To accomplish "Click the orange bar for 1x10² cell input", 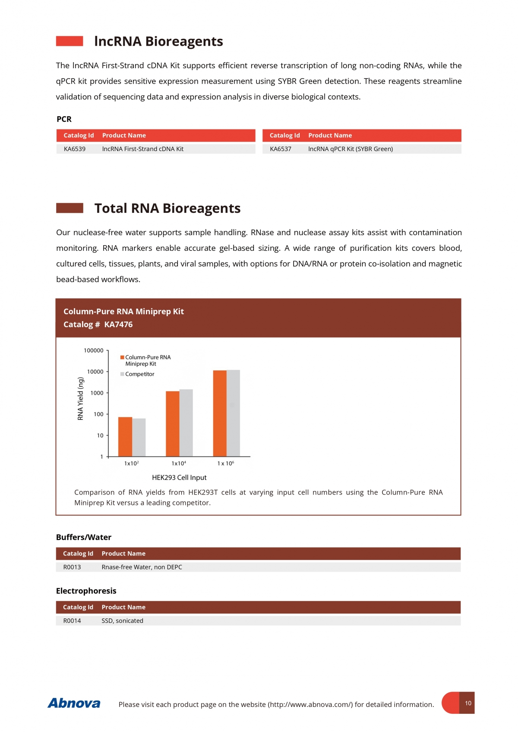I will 125,436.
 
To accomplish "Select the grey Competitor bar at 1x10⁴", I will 186,423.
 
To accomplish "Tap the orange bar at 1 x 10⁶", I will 220,413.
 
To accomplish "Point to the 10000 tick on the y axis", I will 95,372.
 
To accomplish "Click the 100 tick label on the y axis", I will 98,414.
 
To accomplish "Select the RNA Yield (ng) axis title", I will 80,398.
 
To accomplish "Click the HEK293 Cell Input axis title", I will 179,477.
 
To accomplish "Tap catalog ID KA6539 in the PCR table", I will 75,149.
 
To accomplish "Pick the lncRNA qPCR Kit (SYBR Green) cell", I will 351,149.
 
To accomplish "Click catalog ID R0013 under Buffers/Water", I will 72,567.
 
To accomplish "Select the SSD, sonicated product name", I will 123,621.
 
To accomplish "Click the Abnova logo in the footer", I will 74,703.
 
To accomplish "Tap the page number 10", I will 468,703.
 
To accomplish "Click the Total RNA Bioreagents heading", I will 167,208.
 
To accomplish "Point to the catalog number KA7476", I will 118,325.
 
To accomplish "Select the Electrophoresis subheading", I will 86,591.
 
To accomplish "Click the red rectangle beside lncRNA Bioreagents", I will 69,41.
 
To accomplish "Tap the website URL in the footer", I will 310,704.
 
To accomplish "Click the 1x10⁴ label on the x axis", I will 179,463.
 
